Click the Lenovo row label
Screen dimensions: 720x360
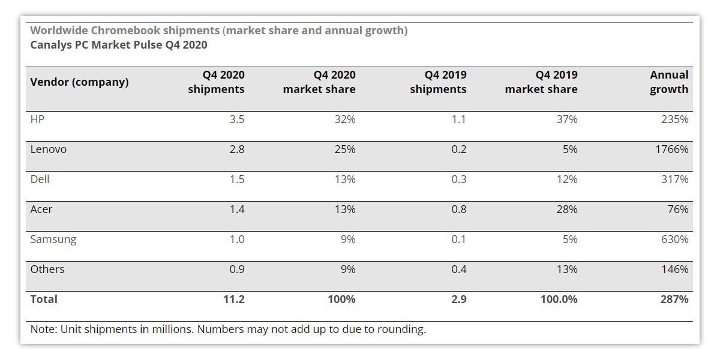(x=48, y=149)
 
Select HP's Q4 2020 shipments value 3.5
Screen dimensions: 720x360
(x=237, y=119)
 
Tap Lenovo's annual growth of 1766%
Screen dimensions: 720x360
(x=672, y=149)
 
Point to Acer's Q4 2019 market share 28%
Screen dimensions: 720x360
(x=567, y=209)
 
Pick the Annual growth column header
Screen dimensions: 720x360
(x=669, y=82)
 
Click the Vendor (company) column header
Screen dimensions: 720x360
(x=79, y=82)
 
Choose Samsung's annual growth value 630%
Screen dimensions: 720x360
(x=674, y=239)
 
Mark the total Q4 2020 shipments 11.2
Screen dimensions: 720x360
(x=234, y=299)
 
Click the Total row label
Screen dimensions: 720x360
(x=44, y=299)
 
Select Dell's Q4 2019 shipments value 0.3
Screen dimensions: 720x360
(x=458, y=179)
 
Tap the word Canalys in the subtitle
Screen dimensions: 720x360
(x=51, y=45)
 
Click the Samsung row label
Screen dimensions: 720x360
(x=53, y=239)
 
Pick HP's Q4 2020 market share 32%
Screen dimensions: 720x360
(x=345, y=119)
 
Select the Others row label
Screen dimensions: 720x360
(x=47, y=269)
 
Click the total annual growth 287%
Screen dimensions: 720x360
(x=674, y=299)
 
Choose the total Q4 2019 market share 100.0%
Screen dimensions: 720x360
(x=559, y=299)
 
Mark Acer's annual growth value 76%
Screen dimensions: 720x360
(x=678, y=209)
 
